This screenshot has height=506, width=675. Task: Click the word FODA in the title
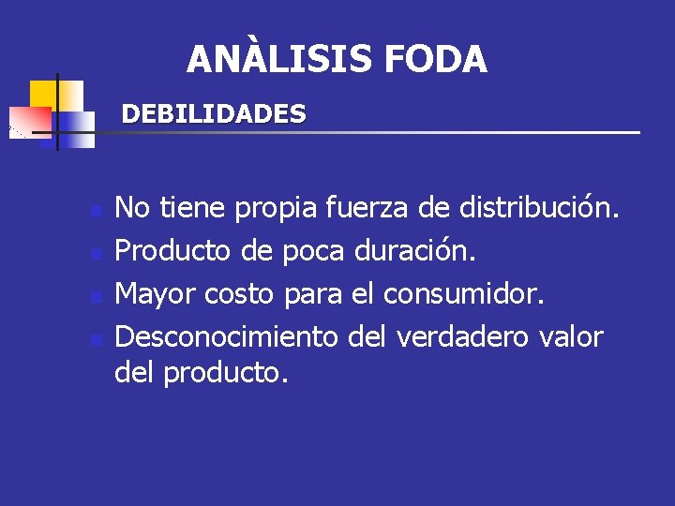pos(435,59)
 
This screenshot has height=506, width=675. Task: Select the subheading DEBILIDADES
pos(214,114)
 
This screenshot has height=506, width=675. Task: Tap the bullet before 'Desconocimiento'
pos(95,339)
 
